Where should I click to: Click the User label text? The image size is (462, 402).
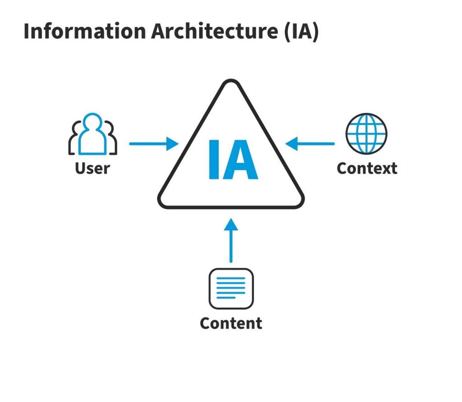coord(92,168)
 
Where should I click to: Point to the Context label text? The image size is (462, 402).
coord(367,168)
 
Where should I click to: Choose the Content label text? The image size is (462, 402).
coord(231,323)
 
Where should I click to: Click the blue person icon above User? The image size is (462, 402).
coord(92,134)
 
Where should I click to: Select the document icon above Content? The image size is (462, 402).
coord(231,288)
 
